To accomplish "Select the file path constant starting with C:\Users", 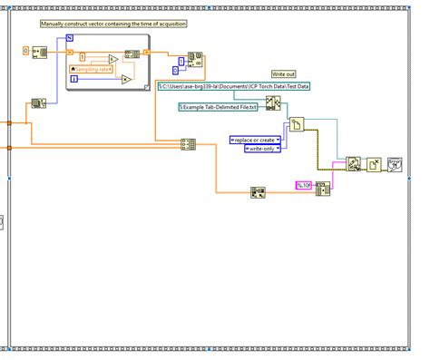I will pos(234,86).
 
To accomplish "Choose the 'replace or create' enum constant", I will pos(253,139).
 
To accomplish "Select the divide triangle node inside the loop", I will pos(112,60).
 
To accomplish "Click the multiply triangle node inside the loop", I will pos(126,79).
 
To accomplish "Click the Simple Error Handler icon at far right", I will pos(395,164).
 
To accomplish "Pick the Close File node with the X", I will pos(374,164).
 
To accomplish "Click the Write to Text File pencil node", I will pos(352,164).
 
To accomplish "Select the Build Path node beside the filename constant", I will pos(273,102).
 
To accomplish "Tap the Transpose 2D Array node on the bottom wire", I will pos(258,191).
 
